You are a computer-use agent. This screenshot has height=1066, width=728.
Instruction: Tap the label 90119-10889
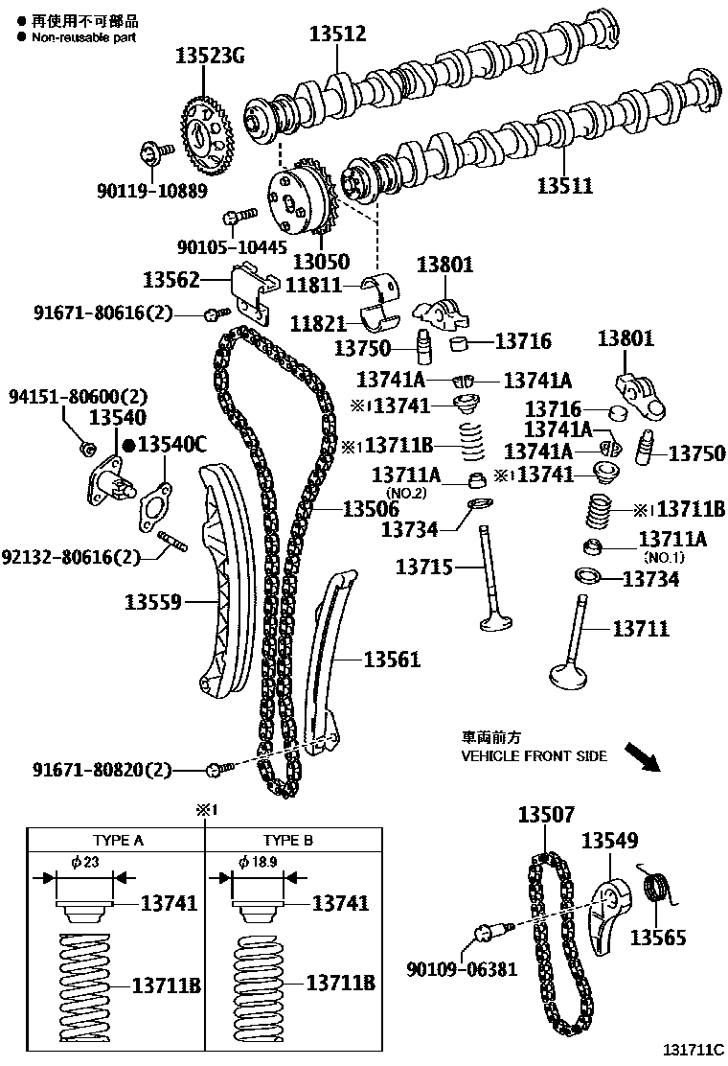click(151, 190)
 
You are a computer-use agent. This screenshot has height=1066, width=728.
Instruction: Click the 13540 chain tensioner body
click(106, 475)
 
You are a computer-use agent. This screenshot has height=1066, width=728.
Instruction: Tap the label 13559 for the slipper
click(153, 603)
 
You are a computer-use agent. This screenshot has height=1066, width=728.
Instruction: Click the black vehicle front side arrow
click(640, 754)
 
